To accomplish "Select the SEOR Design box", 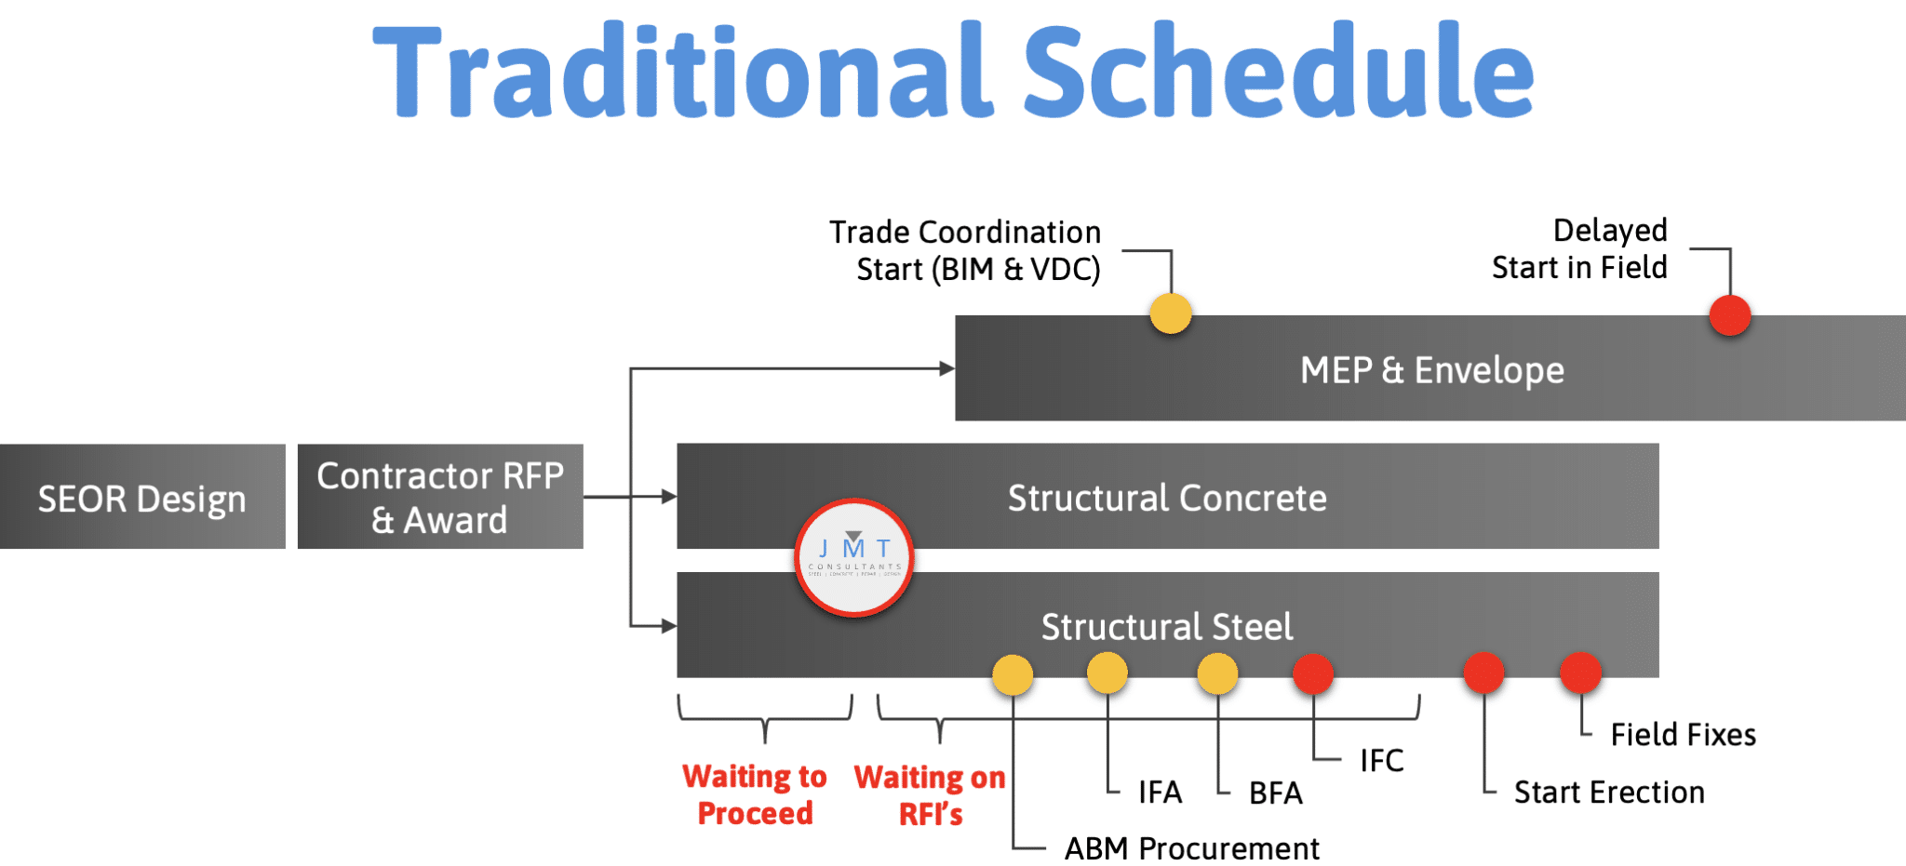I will click(142, 498).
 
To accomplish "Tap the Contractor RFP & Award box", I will click(440, 498).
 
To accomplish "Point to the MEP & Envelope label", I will click(1431, 370).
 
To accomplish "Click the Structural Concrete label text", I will click(1167, 498).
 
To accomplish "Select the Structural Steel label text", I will click(1167, 627).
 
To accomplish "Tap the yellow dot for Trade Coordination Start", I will click(1170, 313).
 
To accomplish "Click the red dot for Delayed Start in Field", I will click(1730, 315).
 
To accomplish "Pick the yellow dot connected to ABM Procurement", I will click(1013, 675).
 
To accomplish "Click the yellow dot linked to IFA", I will click(1107, 673).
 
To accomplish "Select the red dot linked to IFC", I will click(1313, 674).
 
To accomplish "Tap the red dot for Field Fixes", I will click(1580, 673).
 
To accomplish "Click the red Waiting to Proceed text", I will click(755, 794).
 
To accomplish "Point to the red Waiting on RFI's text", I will click(930, 795).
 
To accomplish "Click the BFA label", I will click(1275, 793).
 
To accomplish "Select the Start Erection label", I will click(1609, 793).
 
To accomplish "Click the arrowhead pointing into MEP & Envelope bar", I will click(947, 368).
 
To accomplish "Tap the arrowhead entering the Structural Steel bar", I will click(669, 626).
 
